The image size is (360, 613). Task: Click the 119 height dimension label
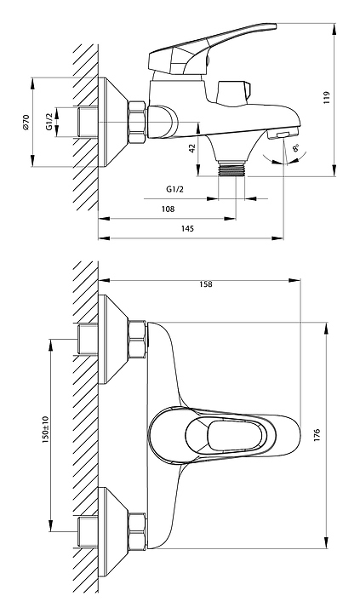pyautogui.click(x=327, y=97)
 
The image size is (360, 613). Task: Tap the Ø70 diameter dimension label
pyautogui.click(x=26, y=123)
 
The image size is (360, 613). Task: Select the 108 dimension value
pyautogui.click(x=168, y=209)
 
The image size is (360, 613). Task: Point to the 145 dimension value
pyautogui.click(x=187, y=229)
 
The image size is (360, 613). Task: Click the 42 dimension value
pyautogui.click(x=192, y=148)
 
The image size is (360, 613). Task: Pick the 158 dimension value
pyautogui.click(x=206, y=284)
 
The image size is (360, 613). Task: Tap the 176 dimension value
pyautogui.click(x=317, y=435)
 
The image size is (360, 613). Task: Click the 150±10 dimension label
pyautogui.click(x=45, y=429)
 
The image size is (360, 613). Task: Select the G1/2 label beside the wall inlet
pyautogui.click(x=49, y=122)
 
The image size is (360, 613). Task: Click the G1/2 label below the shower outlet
pyautogui.click(x=174, y=189)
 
